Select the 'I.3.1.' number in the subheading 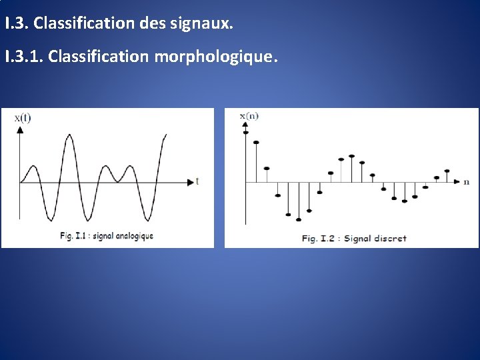click(25, 57)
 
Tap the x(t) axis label click(22, 118)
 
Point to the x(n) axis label click(249, 116)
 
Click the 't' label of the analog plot click(197, 181)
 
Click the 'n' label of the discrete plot click(466, 181)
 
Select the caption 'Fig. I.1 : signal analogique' click(106, 235)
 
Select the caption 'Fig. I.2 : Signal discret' click(353, 238)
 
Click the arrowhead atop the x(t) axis click(20, 129)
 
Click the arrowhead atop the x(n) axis click(246, 126)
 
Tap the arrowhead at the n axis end click(457, 181)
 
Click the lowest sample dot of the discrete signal click(299, 219)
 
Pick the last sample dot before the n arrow click(447, 171)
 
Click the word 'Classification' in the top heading click(84, 24)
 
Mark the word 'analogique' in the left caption click(133, 235)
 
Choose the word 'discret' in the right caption click(390, 238)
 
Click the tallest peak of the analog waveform click(69, 135)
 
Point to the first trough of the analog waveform click(49, 219)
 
